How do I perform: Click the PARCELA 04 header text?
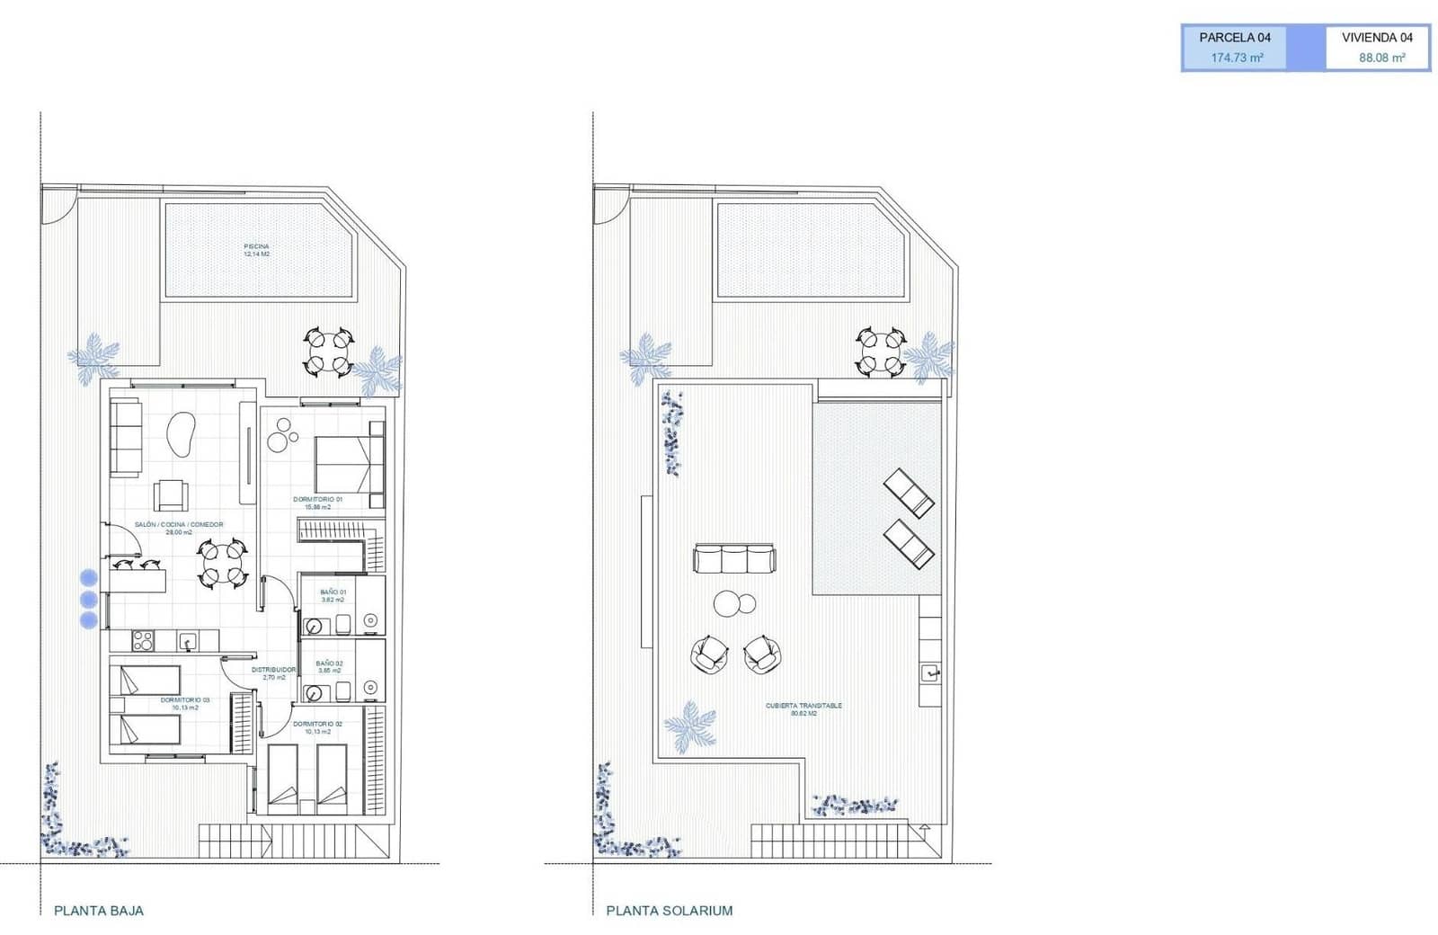pyautogui.click(x=1235, y=38)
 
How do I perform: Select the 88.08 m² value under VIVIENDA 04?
pyautogui.click(x=1381, y=58)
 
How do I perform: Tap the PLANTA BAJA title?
pyautogui.click(x=99, y=910)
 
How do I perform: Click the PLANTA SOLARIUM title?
pyautogui.click(x=669, y=910)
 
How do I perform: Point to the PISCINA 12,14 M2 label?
pyautogui.click(x=256, y=250)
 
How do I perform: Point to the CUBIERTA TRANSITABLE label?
pyautogui.click(x=803, y=708)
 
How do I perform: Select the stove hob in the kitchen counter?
pyautogui.click(x=142, y=640)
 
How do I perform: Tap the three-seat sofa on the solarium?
pyautogui.click(x=733, y=558)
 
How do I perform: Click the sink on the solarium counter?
pyautogui.click(x=930, y=671)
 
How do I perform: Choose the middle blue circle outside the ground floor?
pyautogui.click(x=88, y=599)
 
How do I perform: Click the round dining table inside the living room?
pyautogui.click(x=222, y=563)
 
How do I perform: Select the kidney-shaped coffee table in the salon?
pyautogui.click(x=182, y=434)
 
